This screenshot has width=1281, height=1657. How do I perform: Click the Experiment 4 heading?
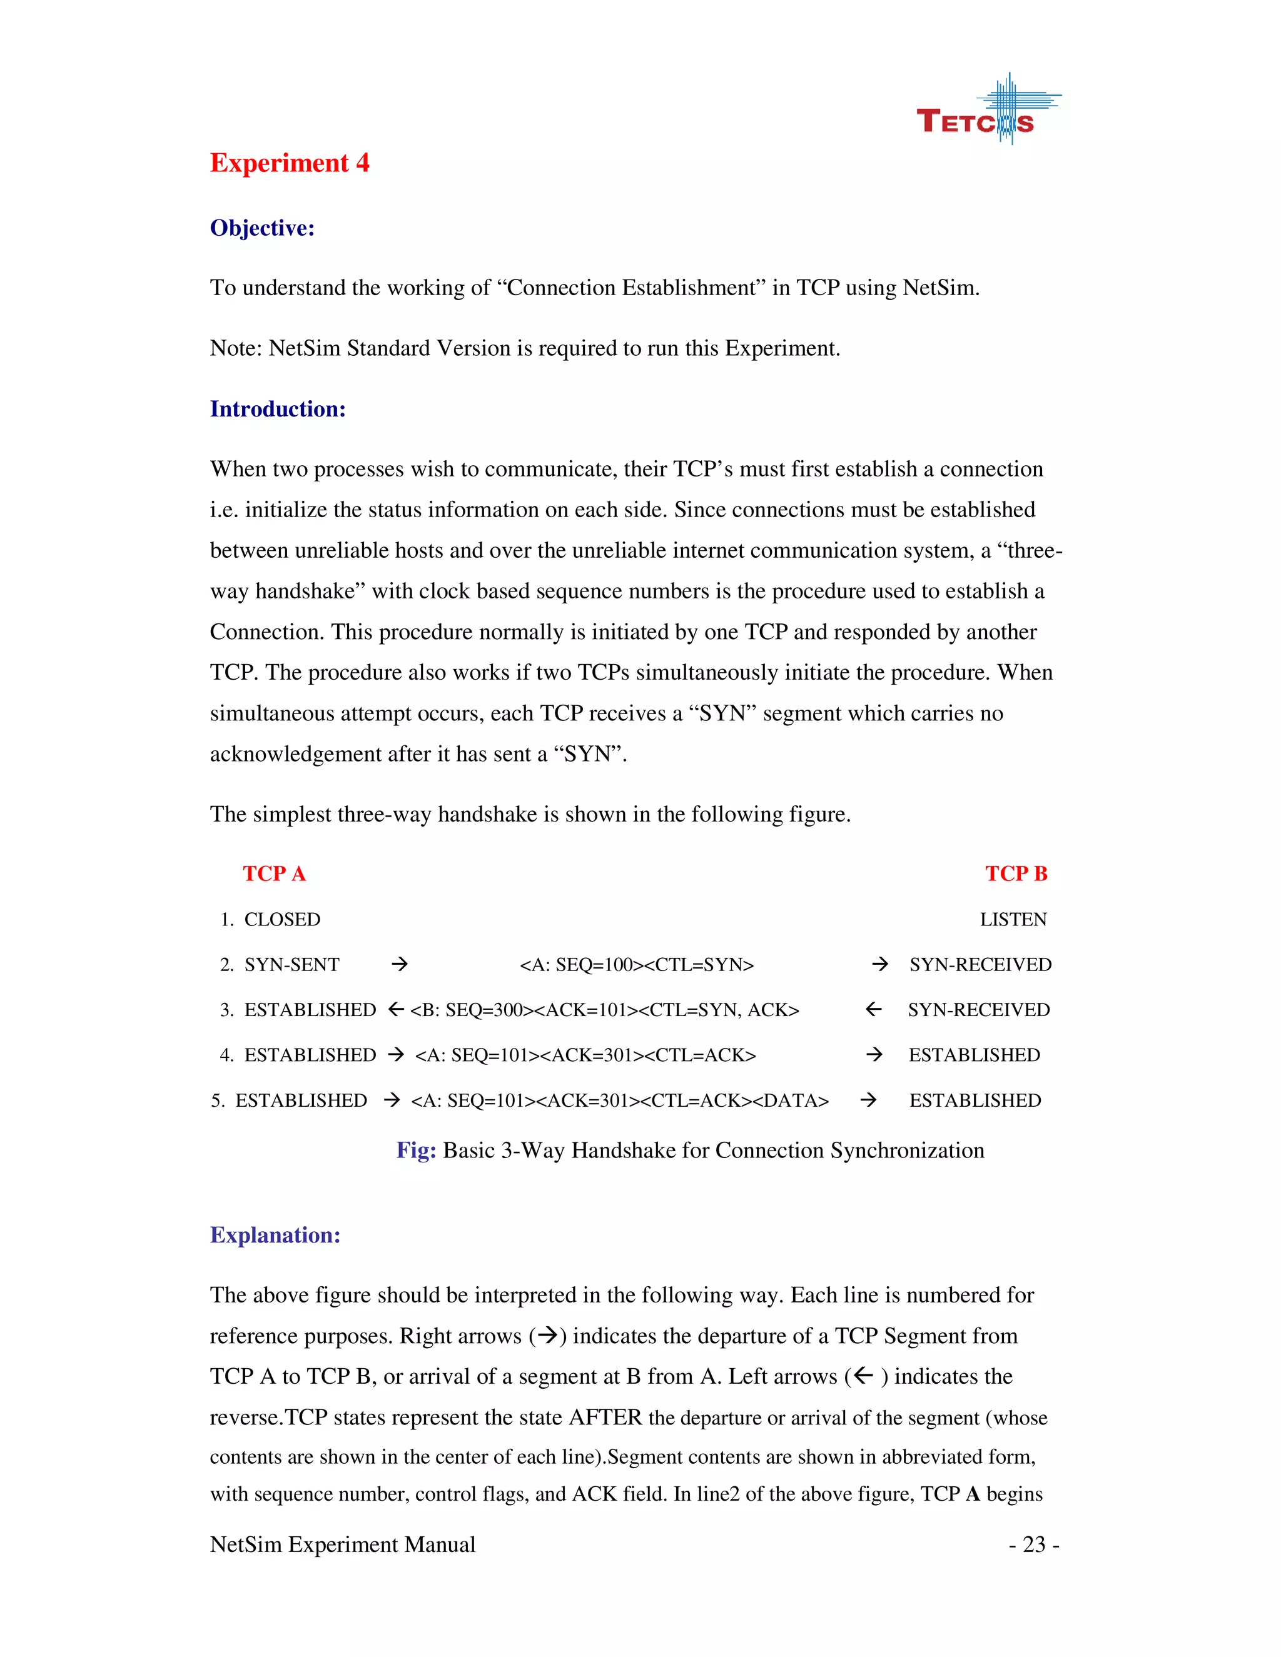pos(289,163)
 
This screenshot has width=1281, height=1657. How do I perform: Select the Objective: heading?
pos(262,228)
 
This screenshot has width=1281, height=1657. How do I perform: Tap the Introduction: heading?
pos(278,409)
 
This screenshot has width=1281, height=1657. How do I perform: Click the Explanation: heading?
pos(275,1234)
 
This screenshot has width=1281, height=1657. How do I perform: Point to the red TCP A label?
pos(274,874)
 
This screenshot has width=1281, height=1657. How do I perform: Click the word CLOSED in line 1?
pos(281,920)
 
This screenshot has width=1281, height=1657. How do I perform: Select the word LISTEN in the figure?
pos(1013,920)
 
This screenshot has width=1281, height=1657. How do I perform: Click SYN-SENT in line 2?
pos(291,965)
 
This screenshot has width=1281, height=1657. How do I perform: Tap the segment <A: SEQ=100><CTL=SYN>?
pos(636,965)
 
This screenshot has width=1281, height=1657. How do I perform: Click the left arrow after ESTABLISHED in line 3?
pos(395,1010)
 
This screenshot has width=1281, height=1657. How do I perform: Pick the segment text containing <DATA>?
pos(619,1101)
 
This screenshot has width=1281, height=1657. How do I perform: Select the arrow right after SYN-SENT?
pos(399,964)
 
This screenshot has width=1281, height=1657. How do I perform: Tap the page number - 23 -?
pos(1033,1544)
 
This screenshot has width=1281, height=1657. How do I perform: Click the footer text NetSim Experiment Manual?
pos(342,1544)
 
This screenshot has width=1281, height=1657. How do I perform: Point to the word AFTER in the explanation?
pos(605,1418)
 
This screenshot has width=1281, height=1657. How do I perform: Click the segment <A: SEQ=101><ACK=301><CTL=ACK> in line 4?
pos(585,1055)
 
